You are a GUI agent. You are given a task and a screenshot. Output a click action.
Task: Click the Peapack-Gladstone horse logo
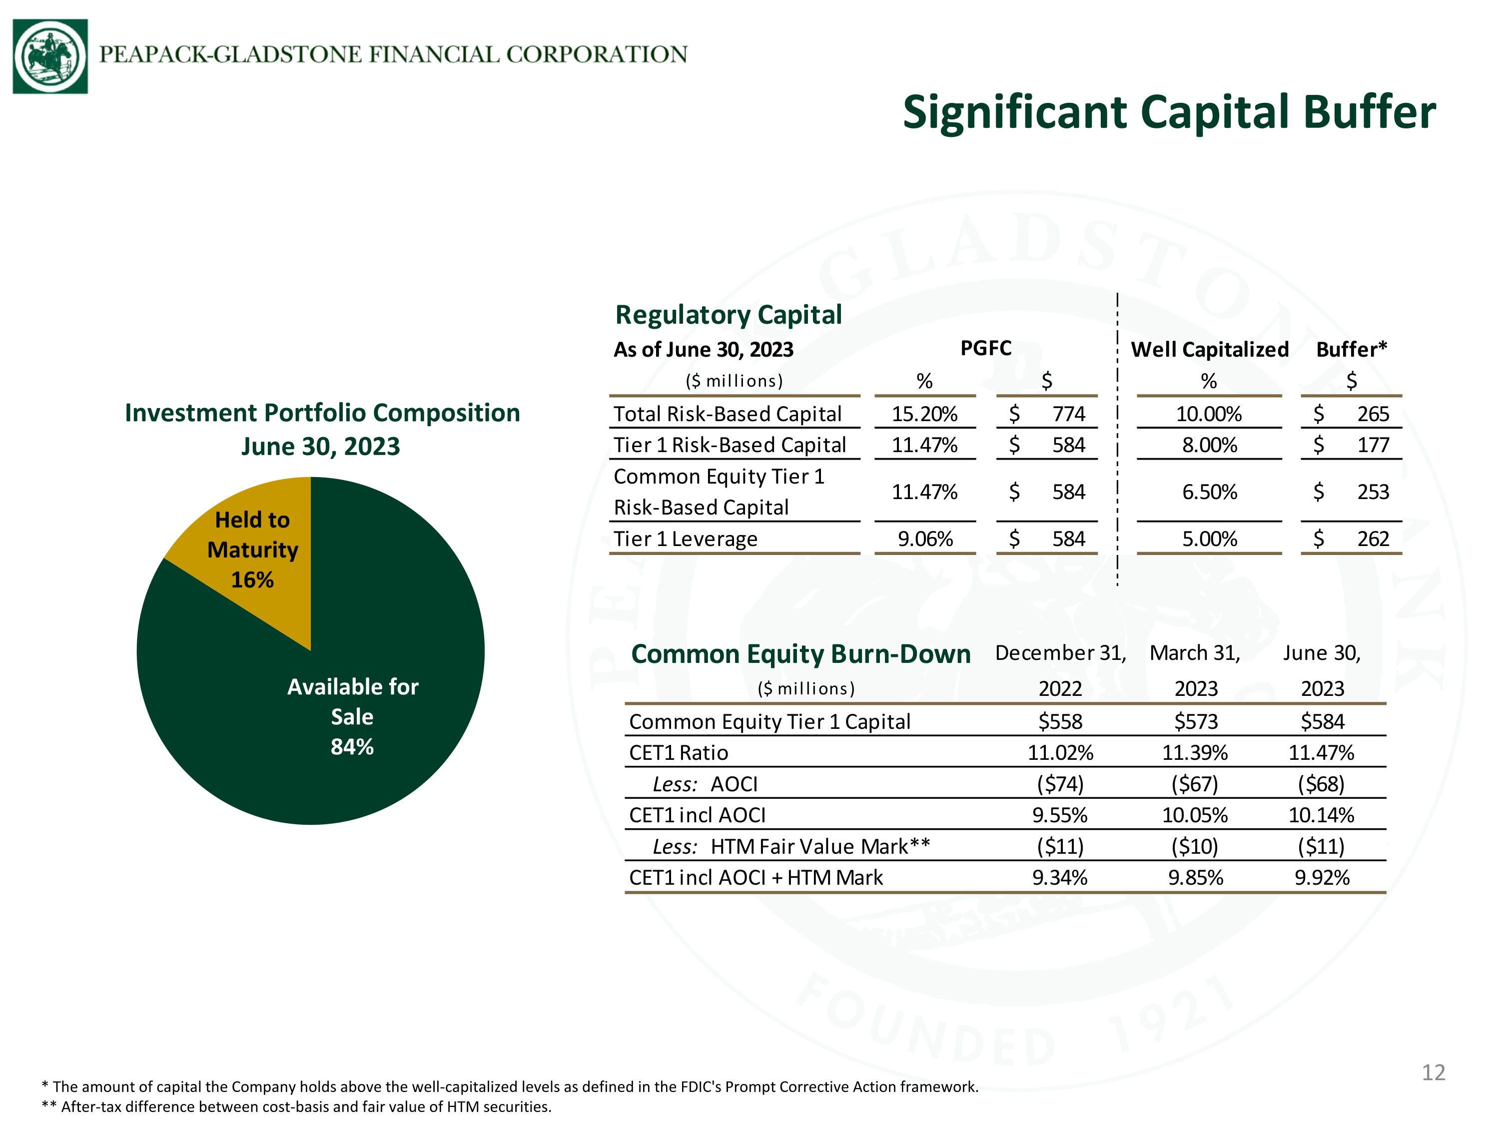pos(50,56)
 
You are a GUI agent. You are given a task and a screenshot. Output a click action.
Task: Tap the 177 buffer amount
pos(1373,445)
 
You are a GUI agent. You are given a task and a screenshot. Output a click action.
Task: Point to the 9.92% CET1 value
pos(1322,877)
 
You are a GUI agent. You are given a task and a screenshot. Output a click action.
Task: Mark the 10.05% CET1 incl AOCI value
pos(1195,815)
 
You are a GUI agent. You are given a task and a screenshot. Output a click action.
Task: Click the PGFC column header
pos(986,348)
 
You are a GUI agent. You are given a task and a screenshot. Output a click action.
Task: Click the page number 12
pos(1433,1073)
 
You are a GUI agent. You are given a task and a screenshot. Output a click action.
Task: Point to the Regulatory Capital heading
pos(729,315)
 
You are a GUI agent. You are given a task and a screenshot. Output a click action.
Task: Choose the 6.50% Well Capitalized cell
pos(1210,492)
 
